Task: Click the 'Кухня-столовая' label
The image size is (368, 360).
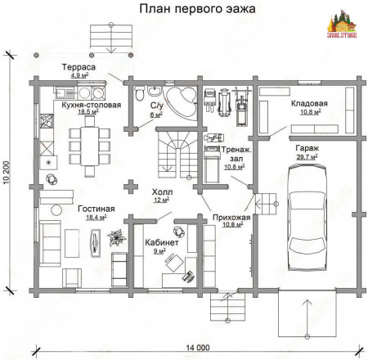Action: coord(91,106)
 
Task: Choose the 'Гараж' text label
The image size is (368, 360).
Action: coord(307,147)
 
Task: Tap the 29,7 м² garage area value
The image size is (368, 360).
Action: coord(307,156)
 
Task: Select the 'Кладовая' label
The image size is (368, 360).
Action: coord(309,104)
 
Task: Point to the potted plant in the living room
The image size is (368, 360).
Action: coord(115,239)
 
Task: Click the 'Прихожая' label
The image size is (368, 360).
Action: coord(230,218)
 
